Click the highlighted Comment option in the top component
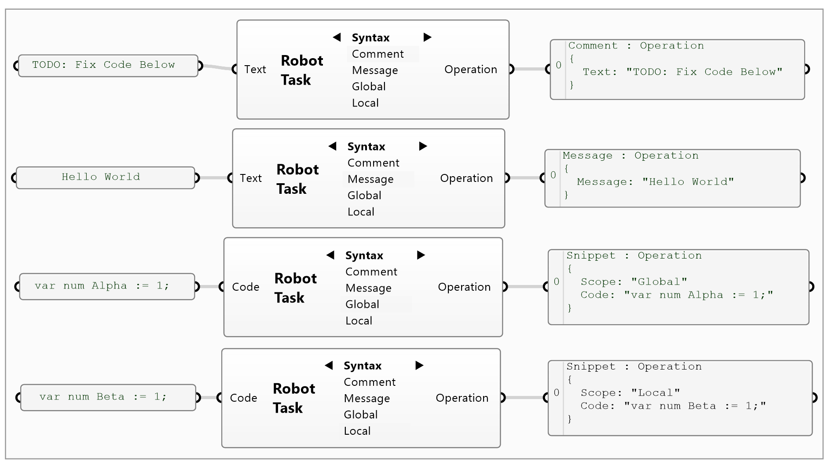click(x=377, y=54)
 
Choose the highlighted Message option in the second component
click(x=370, y=179)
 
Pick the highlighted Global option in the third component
click(x=362, y=304)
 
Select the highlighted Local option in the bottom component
click(x=357, y=431)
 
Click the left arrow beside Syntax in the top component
click(x=337, y=37)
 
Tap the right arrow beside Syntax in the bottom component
click(x=419, y=365)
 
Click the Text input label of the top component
click(x=255, y=69)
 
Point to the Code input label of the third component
click(x=245, y=287)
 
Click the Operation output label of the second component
click(x=466, y=178)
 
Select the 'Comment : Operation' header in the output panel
click(x=636, y=46)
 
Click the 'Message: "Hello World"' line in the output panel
click(x=655, y=182)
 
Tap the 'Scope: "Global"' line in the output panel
click(x=634, y=282)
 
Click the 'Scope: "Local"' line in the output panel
click(x=630, y=393)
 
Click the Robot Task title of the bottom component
click(x=293, y=398)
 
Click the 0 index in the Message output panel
click(x=553, y=175)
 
